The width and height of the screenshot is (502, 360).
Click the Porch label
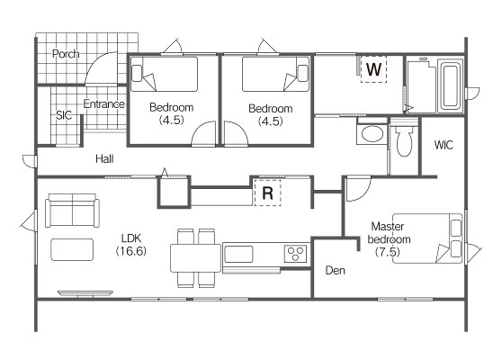click(x=66, y=54)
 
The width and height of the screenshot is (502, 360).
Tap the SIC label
click(x=64, y=115)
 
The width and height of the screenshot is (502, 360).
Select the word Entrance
click(x=104, y=103)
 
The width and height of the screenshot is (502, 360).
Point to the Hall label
click(x=104, y=159)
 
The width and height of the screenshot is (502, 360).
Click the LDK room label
click(x=131, y=238)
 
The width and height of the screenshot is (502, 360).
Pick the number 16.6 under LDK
click(x=131, y=251)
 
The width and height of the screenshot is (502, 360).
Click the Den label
click(x=336, y=271)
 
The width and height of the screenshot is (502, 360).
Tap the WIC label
click(x=444, y=145)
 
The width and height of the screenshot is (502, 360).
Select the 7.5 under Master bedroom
click(x=388, y=252)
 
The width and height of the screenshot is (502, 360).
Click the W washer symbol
click(x=373, y=69)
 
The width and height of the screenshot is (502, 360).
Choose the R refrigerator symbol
click(x=268, y=193)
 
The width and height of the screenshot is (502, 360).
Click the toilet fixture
click(x=404, y=141)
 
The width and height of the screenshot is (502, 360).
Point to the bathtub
click(x=451, y=86)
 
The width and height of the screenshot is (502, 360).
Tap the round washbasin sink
click(x=372, y=134)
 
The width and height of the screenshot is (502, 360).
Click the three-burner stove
click(x=295, y=254)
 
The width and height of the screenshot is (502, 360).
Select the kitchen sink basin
click(x=238, y=255)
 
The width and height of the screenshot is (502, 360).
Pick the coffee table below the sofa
click(x=72, y=249)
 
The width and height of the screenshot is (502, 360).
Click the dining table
click(x=195, y=258)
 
